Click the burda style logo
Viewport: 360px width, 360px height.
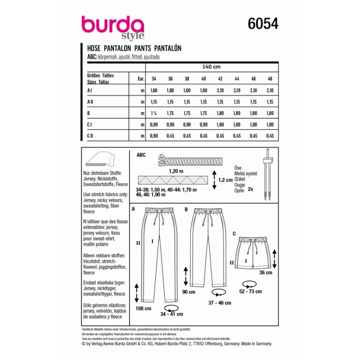pos(113,28)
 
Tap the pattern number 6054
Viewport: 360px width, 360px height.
pos(263,23)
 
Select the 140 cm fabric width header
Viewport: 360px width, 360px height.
pos(211,67)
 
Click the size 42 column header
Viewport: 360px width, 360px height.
pos(220,79)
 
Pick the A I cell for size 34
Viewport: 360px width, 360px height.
pos(154,90)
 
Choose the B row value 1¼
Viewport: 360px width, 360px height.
pos(153,113)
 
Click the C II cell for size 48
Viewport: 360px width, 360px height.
pos(270,136)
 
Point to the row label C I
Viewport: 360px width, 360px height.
pos(89,125)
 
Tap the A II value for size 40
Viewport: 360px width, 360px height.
pos(204,102)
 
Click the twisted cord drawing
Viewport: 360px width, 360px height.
pos(190,160)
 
